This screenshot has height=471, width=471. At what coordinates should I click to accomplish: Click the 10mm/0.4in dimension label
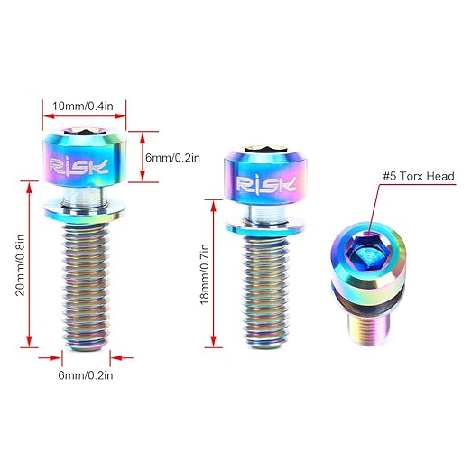point(83,106)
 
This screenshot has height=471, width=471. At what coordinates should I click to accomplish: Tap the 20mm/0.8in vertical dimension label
point(20,265)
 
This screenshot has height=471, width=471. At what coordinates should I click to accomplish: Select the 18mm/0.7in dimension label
point(205,274)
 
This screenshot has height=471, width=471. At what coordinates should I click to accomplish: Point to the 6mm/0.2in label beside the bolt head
point(172,158)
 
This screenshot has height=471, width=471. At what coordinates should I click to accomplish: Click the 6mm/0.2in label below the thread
point(86,375)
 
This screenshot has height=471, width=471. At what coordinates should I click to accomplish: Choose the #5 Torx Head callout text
point(419,176)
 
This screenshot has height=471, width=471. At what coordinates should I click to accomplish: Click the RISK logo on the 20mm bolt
point(78,166)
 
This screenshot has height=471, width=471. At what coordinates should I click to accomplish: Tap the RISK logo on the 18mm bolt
point(266,184)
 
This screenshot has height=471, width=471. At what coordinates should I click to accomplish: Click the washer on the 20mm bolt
point(85,212)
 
